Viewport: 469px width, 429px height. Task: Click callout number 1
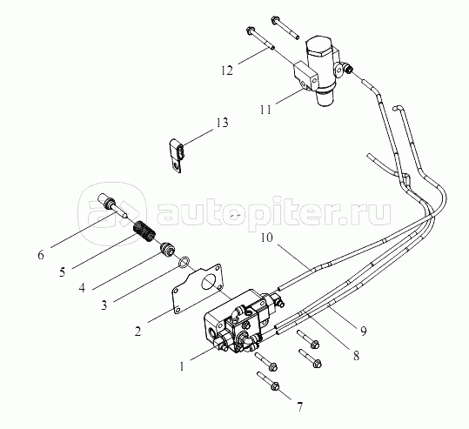tap(182, 366)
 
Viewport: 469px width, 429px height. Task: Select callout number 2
tap(137, 332)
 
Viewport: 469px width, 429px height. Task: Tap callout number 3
tap(104, 305)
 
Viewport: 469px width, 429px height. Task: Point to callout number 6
tap(41, 255)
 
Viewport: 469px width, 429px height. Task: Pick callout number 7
tap(299, 407)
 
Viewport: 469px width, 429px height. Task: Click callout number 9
tap(363, 331)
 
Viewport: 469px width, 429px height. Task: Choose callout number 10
tap(267, 238)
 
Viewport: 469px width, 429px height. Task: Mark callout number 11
tap(265, 110)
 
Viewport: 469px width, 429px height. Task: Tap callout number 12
tap(227, 70)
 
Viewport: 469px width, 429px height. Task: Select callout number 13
tap(222, 123)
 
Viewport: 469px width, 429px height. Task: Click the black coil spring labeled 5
tap(144, 231)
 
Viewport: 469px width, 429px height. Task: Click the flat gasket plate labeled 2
tap(198, 288)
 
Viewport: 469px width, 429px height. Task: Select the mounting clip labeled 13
tap(177, 155)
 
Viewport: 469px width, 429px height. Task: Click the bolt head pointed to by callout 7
tap(275, 386)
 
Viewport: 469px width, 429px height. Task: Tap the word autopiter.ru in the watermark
tap(273, 212)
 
